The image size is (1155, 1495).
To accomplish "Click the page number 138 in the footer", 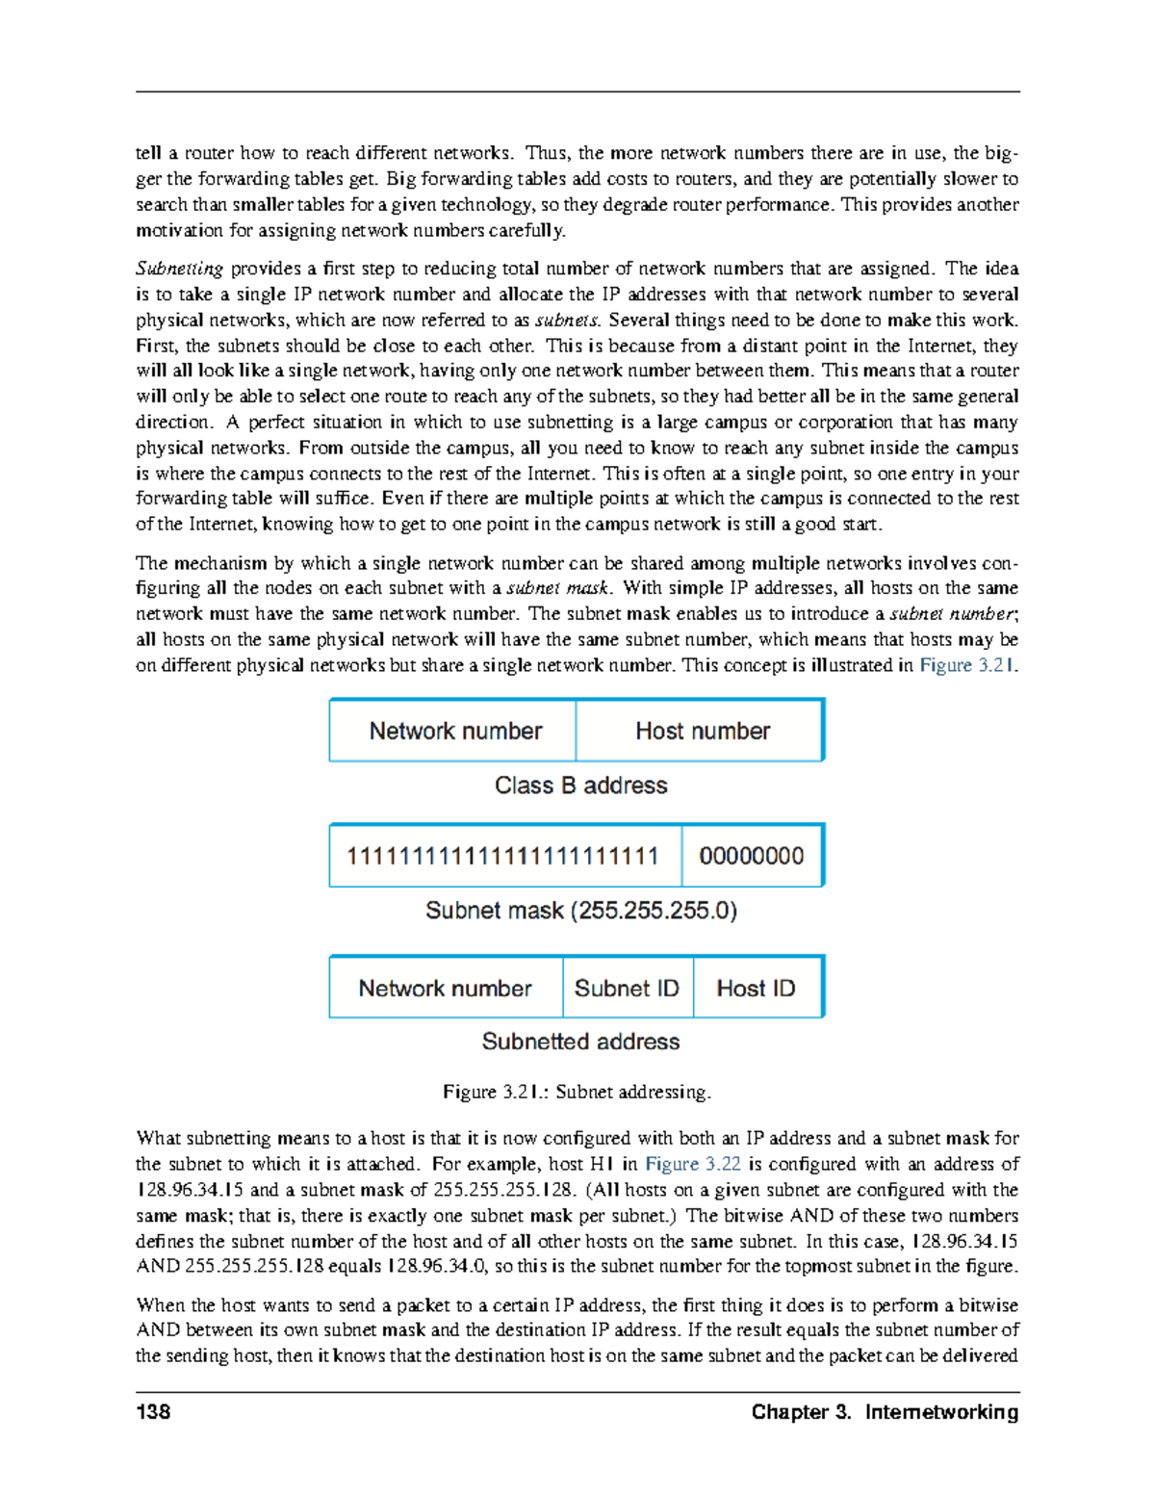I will (x=153, y=1411).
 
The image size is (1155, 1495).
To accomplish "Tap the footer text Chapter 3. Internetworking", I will (x=885, y=1411).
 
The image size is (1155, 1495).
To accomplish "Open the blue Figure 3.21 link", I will (x=966, y=665).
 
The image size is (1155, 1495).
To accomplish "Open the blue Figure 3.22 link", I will (x=692, y=1164).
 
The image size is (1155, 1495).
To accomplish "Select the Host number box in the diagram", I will (x=702, y=732).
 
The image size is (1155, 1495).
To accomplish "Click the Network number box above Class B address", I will (x=454, y=732).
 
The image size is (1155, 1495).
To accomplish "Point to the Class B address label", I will (x=580, y=786).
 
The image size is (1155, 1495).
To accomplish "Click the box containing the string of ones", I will (x=503, y=856).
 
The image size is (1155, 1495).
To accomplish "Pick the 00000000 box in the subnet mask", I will (x=751, y=856).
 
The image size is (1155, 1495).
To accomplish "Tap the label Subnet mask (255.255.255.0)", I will (x=580, y=911).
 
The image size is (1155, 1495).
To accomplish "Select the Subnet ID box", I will (x=627, y=989).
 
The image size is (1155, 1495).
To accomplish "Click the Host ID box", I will (x=757, y=989).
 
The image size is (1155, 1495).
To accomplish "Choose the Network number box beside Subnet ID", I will (x=445, y=989).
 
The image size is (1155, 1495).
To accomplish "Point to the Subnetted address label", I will (x=580, y=1042).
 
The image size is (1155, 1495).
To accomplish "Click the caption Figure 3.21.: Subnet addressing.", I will (x=577, y=1092).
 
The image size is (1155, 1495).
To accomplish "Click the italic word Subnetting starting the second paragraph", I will (x=179, y=269).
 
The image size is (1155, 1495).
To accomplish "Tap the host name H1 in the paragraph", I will (x=603, y=1164).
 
